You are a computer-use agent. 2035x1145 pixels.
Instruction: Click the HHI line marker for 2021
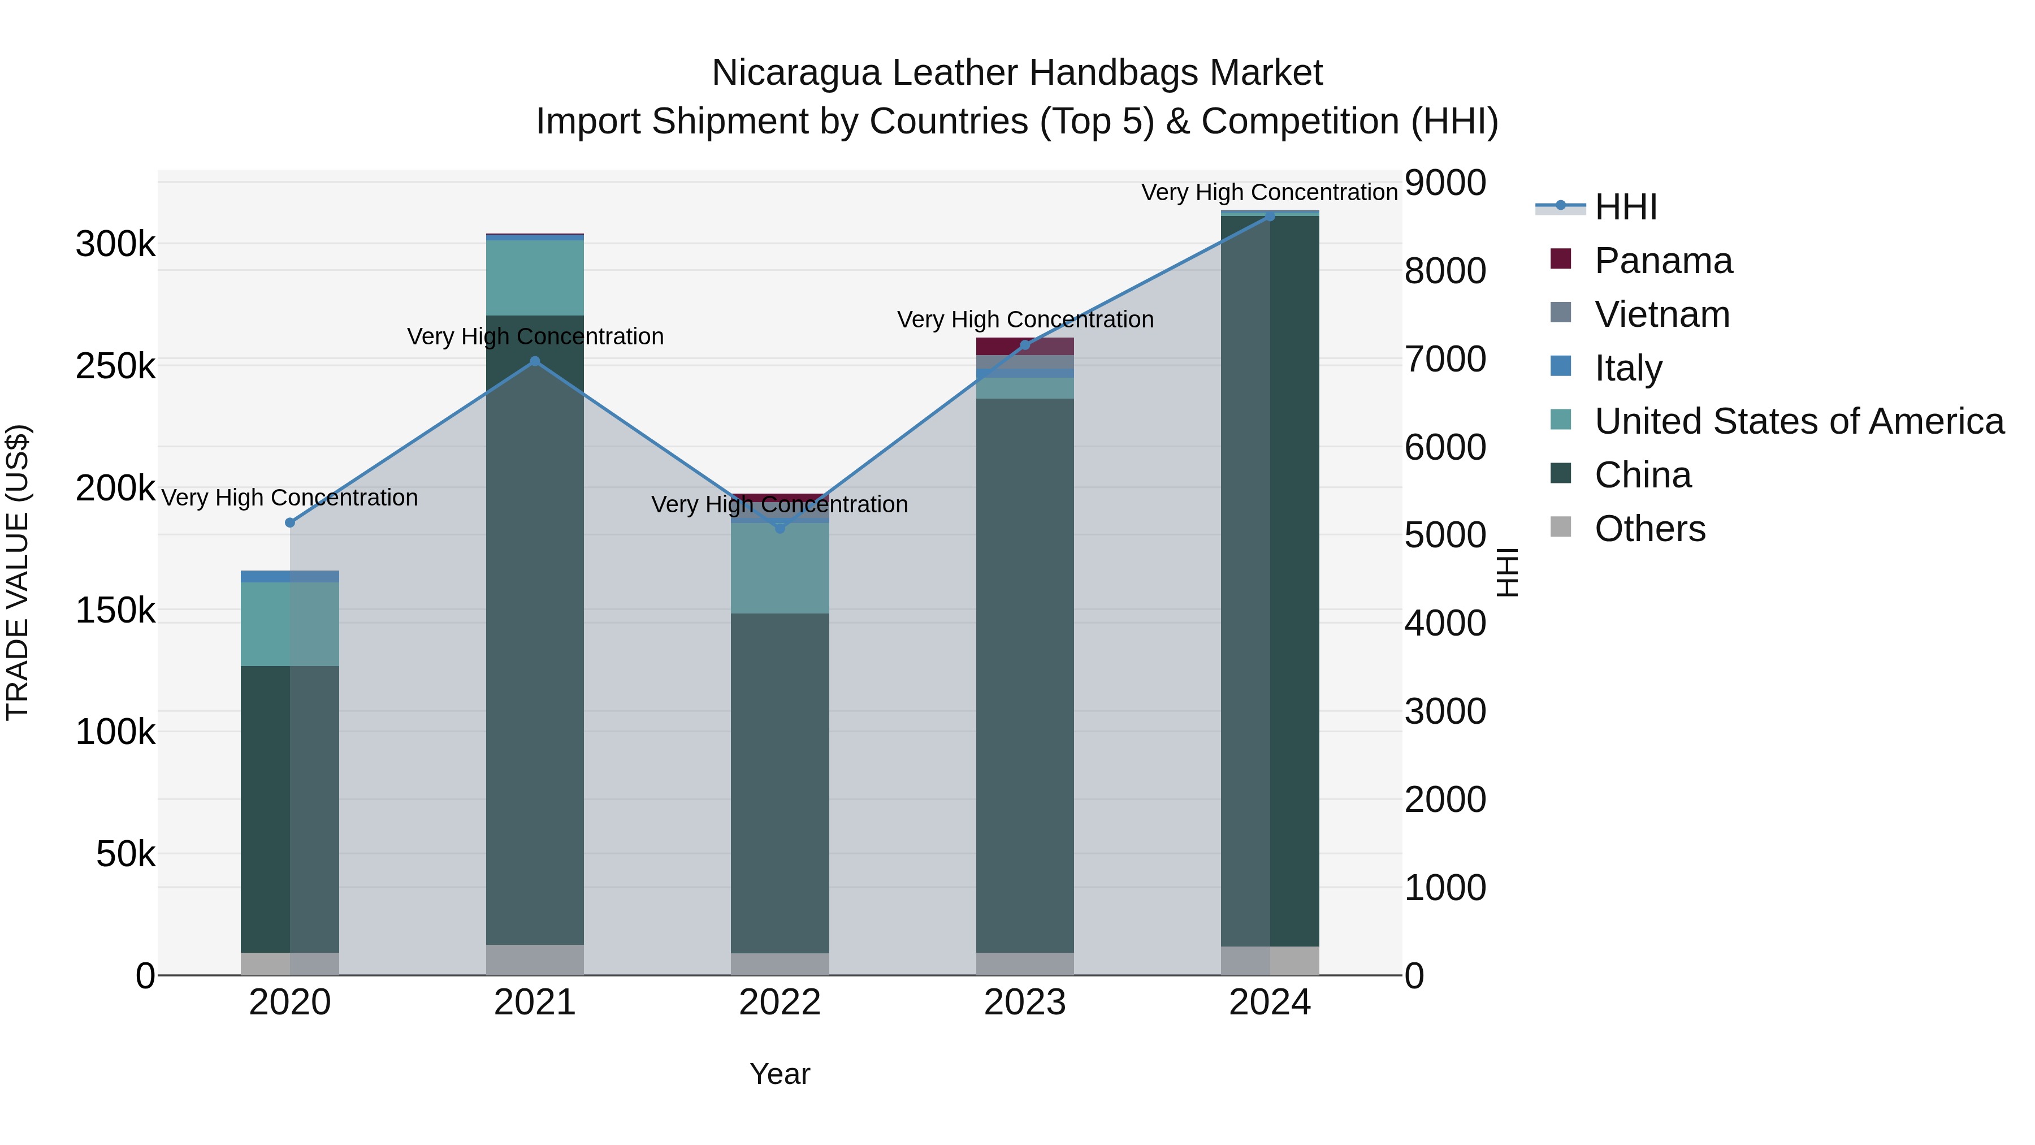click(x=535, y=361)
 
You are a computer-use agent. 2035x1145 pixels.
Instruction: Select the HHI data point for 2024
click(x=1270, y=216)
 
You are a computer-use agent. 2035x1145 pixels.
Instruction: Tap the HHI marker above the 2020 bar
click(x=290, y=522)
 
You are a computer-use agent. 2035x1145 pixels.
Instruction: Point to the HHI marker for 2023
click(x=1025, y=344)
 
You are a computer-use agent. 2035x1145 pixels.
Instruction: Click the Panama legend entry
click(x=1663, y=261)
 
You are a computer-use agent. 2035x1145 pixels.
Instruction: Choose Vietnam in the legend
click(x=1661, y=314)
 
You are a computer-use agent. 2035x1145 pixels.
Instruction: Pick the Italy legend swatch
click(x=1561, y=366)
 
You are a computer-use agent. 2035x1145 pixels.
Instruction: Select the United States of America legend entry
click(x=1799, y=421)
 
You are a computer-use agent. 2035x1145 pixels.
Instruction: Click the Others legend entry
click(x=1649, y=529)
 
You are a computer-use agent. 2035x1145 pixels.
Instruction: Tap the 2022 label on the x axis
click(x=780, y=1003)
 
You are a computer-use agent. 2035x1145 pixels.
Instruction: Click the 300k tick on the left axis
click(x=115, y=244)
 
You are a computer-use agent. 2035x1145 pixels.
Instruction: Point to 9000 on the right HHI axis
click(x=1445, y=183)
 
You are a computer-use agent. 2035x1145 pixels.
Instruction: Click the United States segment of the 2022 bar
click(x=780, y=567)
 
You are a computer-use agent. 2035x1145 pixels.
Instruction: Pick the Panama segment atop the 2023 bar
click(x=1025, y=346)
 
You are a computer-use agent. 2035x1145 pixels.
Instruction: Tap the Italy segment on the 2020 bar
click(x=290, y=576)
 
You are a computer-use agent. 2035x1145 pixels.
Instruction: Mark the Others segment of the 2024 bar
click(x=1270, y=960)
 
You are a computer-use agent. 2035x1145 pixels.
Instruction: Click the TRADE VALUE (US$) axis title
click(x=18, y=572)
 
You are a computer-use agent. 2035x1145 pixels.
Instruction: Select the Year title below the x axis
click(x=780, y=1074)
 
